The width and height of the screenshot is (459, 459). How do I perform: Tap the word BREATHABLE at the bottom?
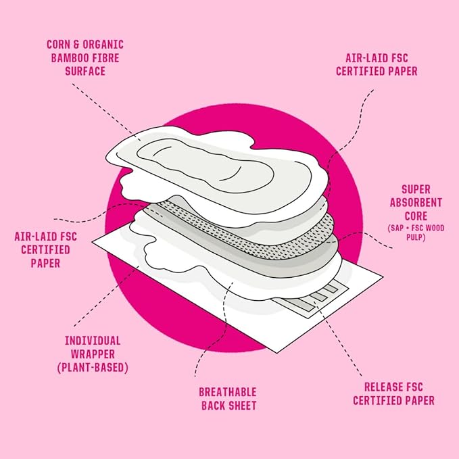pos(228,392)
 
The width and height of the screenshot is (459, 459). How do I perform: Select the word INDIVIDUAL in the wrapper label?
pos(93,340)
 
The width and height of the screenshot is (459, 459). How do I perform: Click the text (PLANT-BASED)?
pos(93,368)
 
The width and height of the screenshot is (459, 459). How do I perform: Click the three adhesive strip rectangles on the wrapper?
pos(318,293)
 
